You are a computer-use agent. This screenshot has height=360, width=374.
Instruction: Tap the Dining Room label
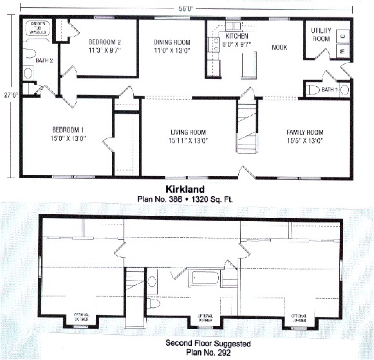point(171,42)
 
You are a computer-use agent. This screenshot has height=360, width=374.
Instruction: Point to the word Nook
point(279,47)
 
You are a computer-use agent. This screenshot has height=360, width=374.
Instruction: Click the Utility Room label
point(321,35)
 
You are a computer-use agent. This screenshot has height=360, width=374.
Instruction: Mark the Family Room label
point(304,132)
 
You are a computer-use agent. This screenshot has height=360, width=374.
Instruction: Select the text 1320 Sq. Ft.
point(212,199)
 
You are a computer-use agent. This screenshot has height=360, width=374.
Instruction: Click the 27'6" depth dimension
point(8,94)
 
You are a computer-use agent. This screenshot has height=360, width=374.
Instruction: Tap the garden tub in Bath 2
point(36,28)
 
